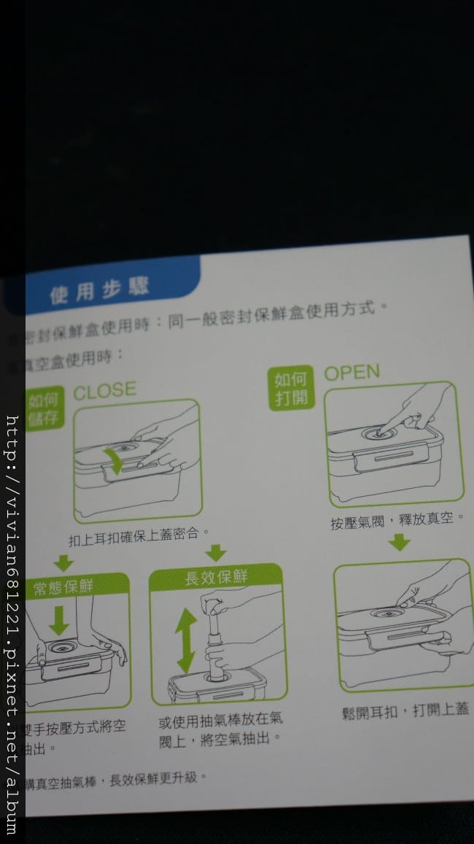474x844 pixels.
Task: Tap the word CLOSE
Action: (104, 390)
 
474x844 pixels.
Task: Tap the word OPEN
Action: (351, 373)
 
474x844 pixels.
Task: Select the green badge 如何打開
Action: (291, 390)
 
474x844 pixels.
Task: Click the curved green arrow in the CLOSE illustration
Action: (114, 460)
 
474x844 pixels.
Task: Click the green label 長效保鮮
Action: (215, 578)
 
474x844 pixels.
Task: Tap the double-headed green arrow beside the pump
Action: (186, 640)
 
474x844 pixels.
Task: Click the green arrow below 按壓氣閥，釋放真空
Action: (399, 543)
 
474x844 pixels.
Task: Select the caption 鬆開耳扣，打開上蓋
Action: (405, 710)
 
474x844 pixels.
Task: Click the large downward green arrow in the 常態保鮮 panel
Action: (58, 620)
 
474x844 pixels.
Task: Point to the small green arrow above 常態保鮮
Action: (63, 562)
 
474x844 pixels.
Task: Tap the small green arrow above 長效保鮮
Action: (215, 552)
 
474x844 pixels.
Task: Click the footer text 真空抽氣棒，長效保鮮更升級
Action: (117, 781)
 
